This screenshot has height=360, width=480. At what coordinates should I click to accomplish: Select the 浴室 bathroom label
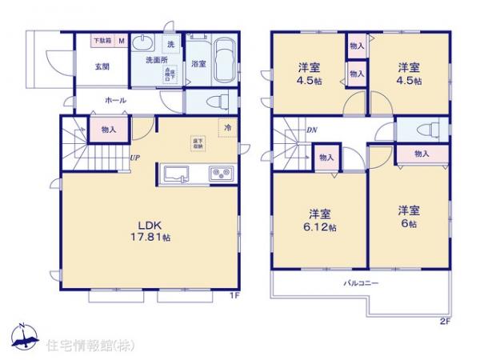(x=199, y=65)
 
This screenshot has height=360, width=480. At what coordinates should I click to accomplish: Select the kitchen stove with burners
(x=220, y=174)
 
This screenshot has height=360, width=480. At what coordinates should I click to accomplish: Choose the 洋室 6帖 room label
(x=410, y=218)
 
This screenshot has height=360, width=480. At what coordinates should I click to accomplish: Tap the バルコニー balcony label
(x=361, y=284)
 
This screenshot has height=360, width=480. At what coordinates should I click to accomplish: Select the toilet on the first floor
(x=214, y=101)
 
